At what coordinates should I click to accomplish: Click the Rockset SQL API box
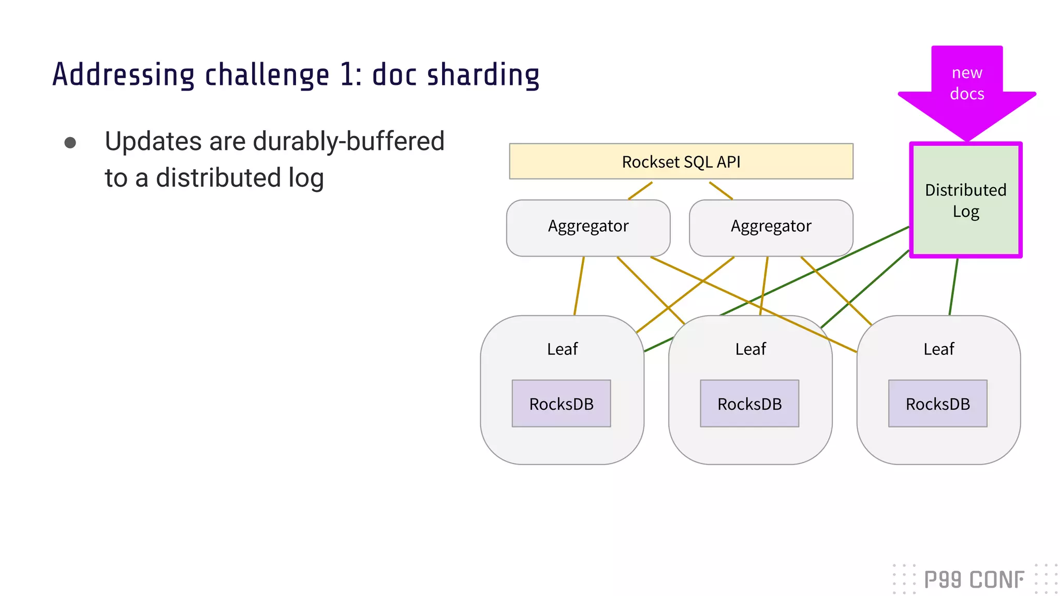click(x=681, y=161)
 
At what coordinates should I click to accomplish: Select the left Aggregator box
click(x=588, y=227)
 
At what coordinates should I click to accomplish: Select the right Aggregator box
click(x=771, y=227)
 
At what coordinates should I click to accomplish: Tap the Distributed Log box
click(x=965, y=200)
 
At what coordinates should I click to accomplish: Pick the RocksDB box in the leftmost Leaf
click(x=561, y=404)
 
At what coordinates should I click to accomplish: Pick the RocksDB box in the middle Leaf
click(x=749, y=404)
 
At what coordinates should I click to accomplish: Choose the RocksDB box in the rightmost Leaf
click(x=937, y=404)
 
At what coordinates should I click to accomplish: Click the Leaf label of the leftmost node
click(x=562, y=349)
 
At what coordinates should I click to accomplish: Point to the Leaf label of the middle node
click(x=750, y=349)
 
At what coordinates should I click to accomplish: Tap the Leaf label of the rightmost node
click(x=938, y=349)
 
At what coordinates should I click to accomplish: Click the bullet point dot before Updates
click(x=70, y=143)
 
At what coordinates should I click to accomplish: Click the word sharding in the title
click(x=482, y=76)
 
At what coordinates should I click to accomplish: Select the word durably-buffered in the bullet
click(x=348, y=141)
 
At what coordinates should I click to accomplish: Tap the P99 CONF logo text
click(x=974, y=579)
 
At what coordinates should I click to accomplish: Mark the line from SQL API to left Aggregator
click(x=640, y=190)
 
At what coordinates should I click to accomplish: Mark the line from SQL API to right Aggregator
click(x=721, y=190)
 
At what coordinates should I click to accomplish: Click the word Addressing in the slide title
click(x=123, y=76)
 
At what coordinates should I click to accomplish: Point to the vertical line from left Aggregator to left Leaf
click(x=579, y=286)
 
